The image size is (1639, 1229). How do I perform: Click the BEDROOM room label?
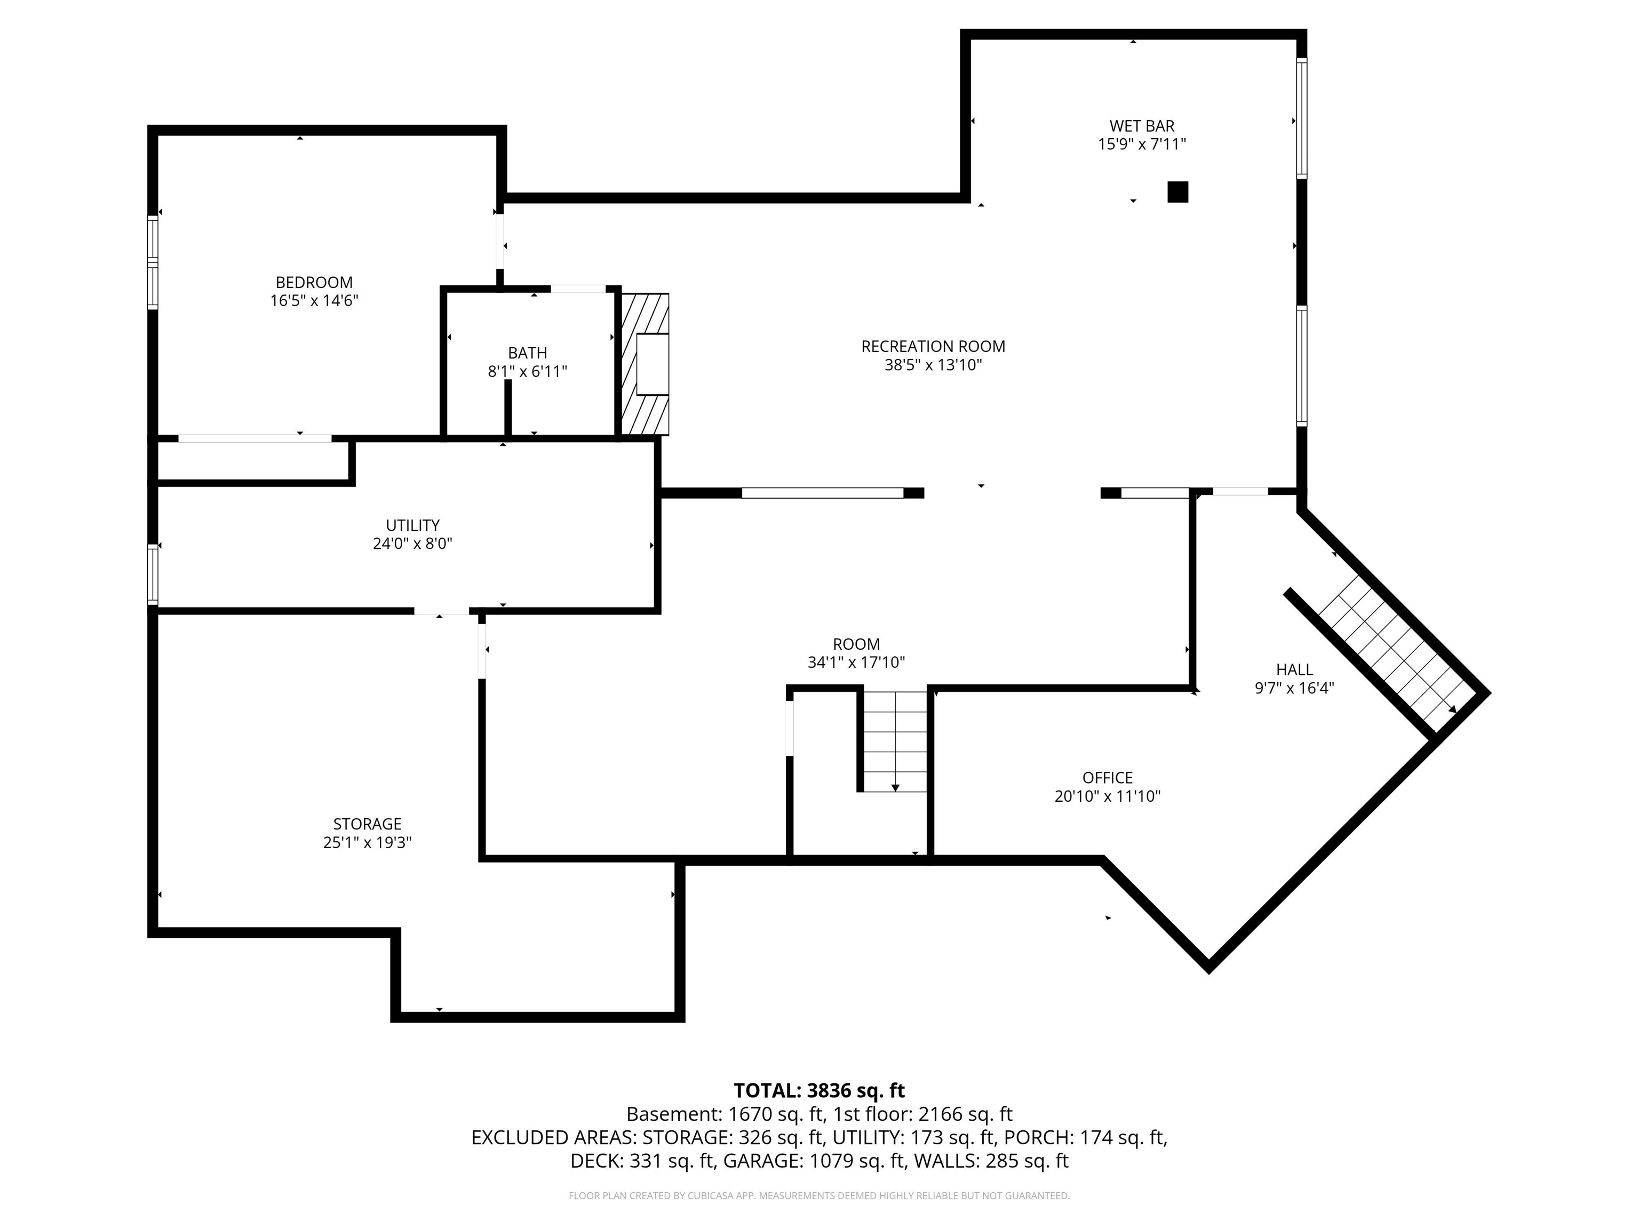(x=314, y=282)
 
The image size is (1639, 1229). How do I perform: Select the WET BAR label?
(x=1141, y=126)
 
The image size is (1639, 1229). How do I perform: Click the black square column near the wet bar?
(x=1177, y=192)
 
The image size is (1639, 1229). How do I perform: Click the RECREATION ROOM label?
(x=933, y=346)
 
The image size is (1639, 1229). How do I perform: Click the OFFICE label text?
(x=1107, y=778)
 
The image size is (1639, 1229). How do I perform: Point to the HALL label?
(x=1294, y=669)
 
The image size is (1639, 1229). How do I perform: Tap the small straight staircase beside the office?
(x=895, y=741)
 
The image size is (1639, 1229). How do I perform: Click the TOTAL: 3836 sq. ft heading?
(x=819, y=1090)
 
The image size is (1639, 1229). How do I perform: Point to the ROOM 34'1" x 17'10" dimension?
(x=856, y=663)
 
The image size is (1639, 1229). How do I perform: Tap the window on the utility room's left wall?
(x=153, y=574)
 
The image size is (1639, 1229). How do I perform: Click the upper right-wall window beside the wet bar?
(x=1301, y=118)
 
